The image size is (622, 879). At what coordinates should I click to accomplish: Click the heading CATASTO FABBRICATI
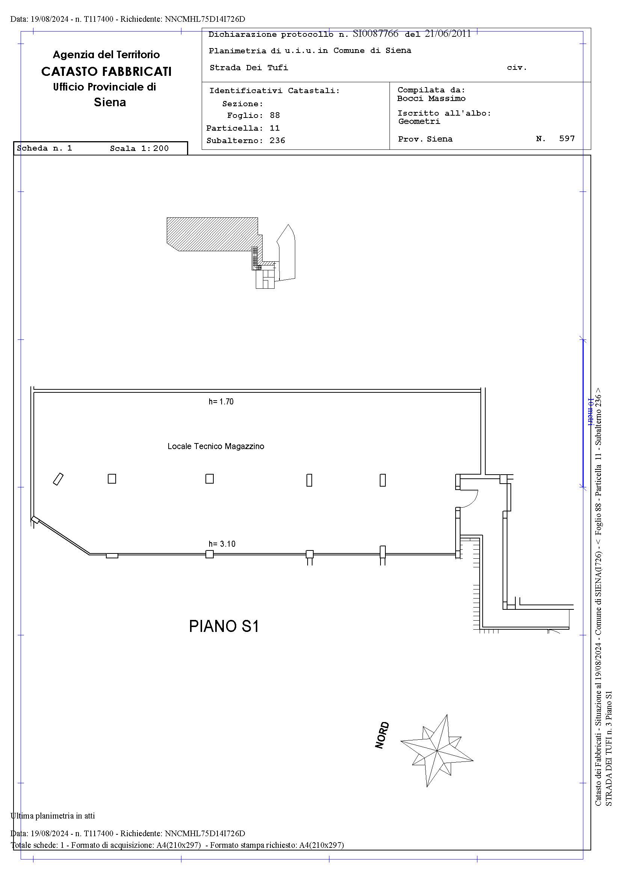[106, 72]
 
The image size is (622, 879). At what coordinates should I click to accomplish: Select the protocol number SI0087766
[375, 34]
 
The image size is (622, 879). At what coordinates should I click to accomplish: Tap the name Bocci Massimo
[431, 98]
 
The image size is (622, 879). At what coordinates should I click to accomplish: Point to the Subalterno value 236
[277, 140]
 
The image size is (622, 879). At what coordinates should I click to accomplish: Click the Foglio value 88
[275, 115]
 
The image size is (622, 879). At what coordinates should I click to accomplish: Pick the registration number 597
[567, 138]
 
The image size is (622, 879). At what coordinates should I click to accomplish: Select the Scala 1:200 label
[139, 148]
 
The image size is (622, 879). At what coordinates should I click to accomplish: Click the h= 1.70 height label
[221, 402]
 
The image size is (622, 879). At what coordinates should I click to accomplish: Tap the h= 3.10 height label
[222, 544]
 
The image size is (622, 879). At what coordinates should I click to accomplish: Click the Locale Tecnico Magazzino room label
[216, 446]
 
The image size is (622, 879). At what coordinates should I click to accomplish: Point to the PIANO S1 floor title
[224, 626]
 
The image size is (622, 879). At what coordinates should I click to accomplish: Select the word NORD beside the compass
[382, 735]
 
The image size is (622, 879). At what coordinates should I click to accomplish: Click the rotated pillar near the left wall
[58, 479]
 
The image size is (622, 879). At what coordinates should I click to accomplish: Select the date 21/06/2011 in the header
[448, 34]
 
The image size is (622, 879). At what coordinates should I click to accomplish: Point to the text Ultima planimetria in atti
[53, 816]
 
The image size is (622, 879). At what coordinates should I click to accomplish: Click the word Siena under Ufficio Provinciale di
[110, 102]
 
